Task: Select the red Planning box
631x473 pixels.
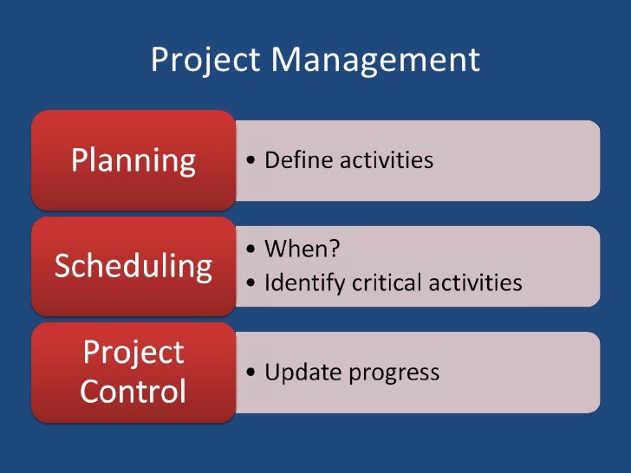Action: pos(133,160)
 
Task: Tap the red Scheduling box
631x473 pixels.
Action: pos(133,266)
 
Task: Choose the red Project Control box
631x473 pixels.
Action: pos(133,372)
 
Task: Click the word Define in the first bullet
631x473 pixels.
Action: pos(299,160)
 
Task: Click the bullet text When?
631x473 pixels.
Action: pos(302,249)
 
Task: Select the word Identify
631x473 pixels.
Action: pos(302,283)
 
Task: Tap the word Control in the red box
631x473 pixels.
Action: pos(133,392)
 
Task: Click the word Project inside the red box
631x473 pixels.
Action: pos(133,353)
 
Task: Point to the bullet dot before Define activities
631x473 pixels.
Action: pos(250,162)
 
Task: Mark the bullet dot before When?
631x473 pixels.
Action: pos(250,250)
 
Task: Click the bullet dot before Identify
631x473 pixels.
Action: pos(250,284)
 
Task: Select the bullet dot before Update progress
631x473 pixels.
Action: pos(250,373)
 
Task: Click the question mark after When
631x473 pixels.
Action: pos(335,249)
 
